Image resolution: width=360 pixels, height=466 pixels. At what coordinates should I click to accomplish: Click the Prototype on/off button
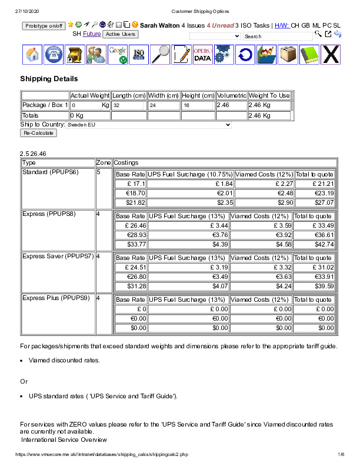[x=44, y=26]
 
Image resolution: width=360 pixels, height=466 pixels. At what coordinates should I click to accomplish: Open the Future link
[x=92, y=34]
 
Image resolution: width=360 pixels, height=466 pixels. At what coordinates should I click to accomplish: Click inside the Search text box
[x=278, y=36]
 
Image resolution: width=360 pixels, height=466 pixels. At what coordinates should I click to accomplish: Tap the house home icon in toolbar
[x=34, y=55]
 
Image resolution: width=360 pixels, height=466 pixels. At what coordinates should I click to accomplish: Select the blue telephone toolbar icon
[x=55, y=55]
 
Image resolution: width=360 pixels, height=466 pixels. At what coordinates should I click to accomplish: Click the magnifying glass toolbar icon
[x=160, y=55]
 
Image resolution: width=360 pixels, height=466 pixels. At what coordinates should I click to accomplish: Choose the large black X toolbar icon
[x=331, y=55]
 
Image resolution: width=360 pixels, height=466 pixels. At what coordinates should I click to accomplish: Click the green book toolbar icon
[x=309, y=55]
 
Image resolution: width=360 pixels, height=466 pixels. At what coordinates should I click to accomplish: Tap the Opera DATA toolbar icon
[x=202, y=55]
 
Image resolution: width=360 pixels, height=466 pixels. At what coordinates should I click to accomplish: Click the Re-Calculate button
[x=39, y=133]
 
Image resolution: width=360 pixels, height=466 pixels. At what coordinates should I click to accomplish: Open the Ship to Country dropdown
[x=149, y=125]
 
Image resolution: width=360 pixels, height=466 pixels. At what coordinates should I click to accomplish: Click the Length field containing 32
[x=128, y=105]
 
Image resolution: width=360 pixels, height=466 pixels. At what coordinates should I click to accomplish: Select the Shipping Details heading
[x=49, y=79]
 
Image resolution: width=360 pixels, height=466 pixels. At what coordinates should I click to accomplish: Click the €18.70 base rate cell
[x=131, y=193]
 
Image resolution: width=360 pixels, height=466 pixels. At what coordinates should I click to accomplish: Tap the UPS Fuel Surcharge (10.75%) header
[x=190, y=174]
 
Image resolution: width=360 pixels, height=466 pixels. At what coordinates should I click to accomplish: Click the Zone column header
[x=103, y=162]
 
